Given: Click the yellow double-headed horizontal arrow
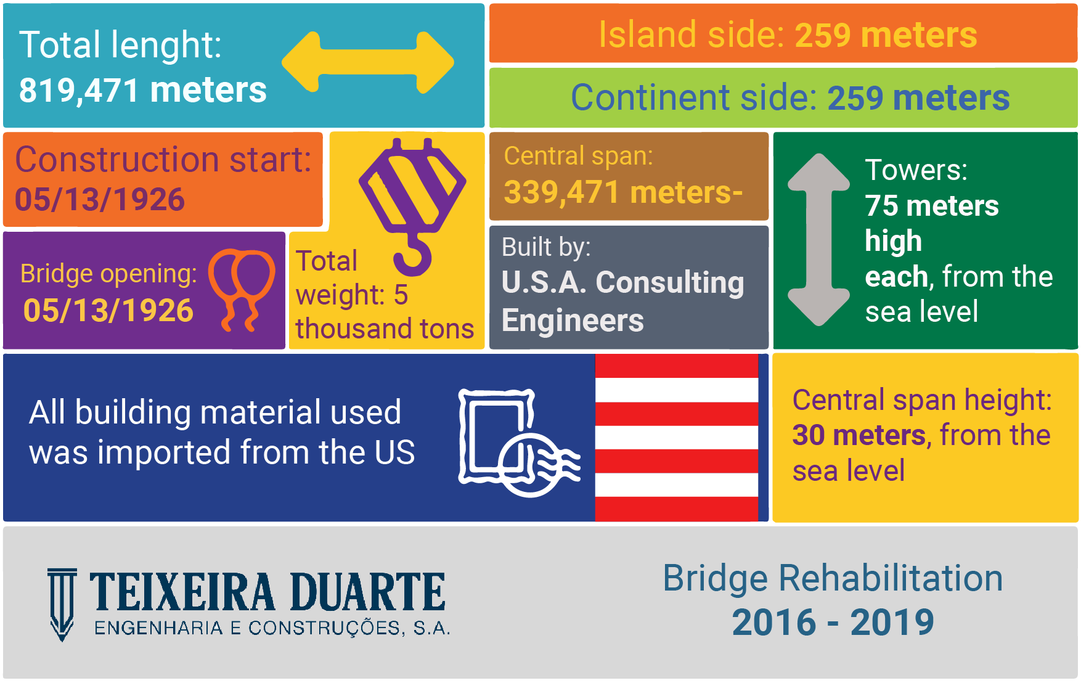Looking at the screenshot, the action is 368,62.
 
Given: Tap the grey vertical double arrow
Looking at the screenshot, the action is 818,239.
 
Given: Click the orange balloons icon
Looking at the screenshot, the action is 242,290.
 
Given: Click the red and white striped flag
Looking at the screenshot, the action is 676,438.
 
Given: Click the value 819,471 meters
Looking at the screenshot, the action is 143,90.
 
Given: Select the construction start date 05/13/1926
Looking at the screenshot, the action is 100,200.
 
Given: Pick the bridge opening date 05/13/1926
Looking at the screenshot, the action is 108,310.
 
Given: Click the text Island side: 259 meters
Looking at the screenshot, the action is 788,35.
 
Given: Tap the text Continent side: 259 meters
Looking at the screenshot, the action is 790,97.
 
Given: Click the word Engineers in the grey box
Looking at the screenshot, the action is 573,321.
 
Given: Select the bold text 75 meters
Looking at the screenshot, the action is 932,206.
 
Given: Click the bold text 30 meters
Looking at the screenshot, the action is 859,435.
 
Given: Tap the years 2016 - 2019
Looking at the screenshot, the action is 833,622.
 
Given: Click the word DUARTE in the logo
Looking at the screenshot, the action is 367,592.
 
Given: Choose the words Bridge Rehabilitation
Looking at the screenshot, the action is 833,578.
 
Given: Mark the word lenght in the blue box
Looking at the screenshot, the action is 166,46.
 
